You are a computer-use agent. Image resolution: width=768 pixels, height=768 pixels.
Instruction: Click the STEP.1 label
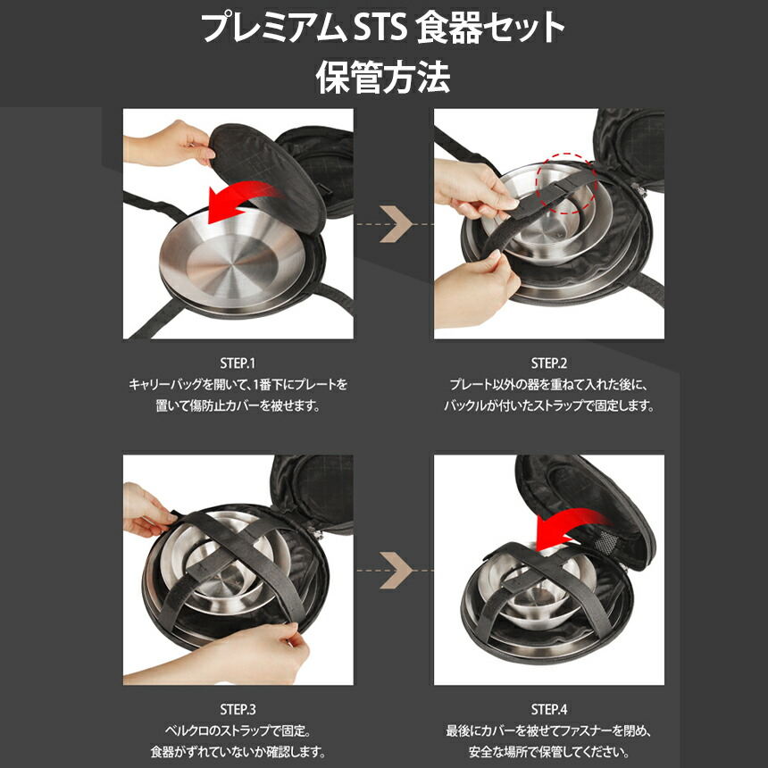pos(238,363)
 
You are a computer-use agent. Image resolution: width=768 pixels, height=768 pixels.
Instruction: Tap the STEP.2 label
pos(549,363)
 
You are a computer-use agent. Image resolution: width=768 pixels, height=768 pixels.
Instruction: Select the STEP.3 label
pos(238,710)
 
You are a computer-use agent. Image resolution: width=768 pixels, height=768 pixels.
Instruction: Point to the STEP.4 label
pos(549,710)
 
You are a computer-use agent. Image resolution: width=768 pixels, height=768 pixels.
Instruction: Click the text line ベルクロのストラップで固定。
pos(238,730)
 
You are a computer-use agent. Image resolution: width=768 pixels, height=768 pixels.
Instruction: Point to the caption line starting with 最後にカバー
pos(549,730)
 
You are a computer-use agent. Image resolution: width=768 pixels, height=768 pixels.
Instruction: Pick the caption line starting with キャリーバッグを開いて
pos(238,384)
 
